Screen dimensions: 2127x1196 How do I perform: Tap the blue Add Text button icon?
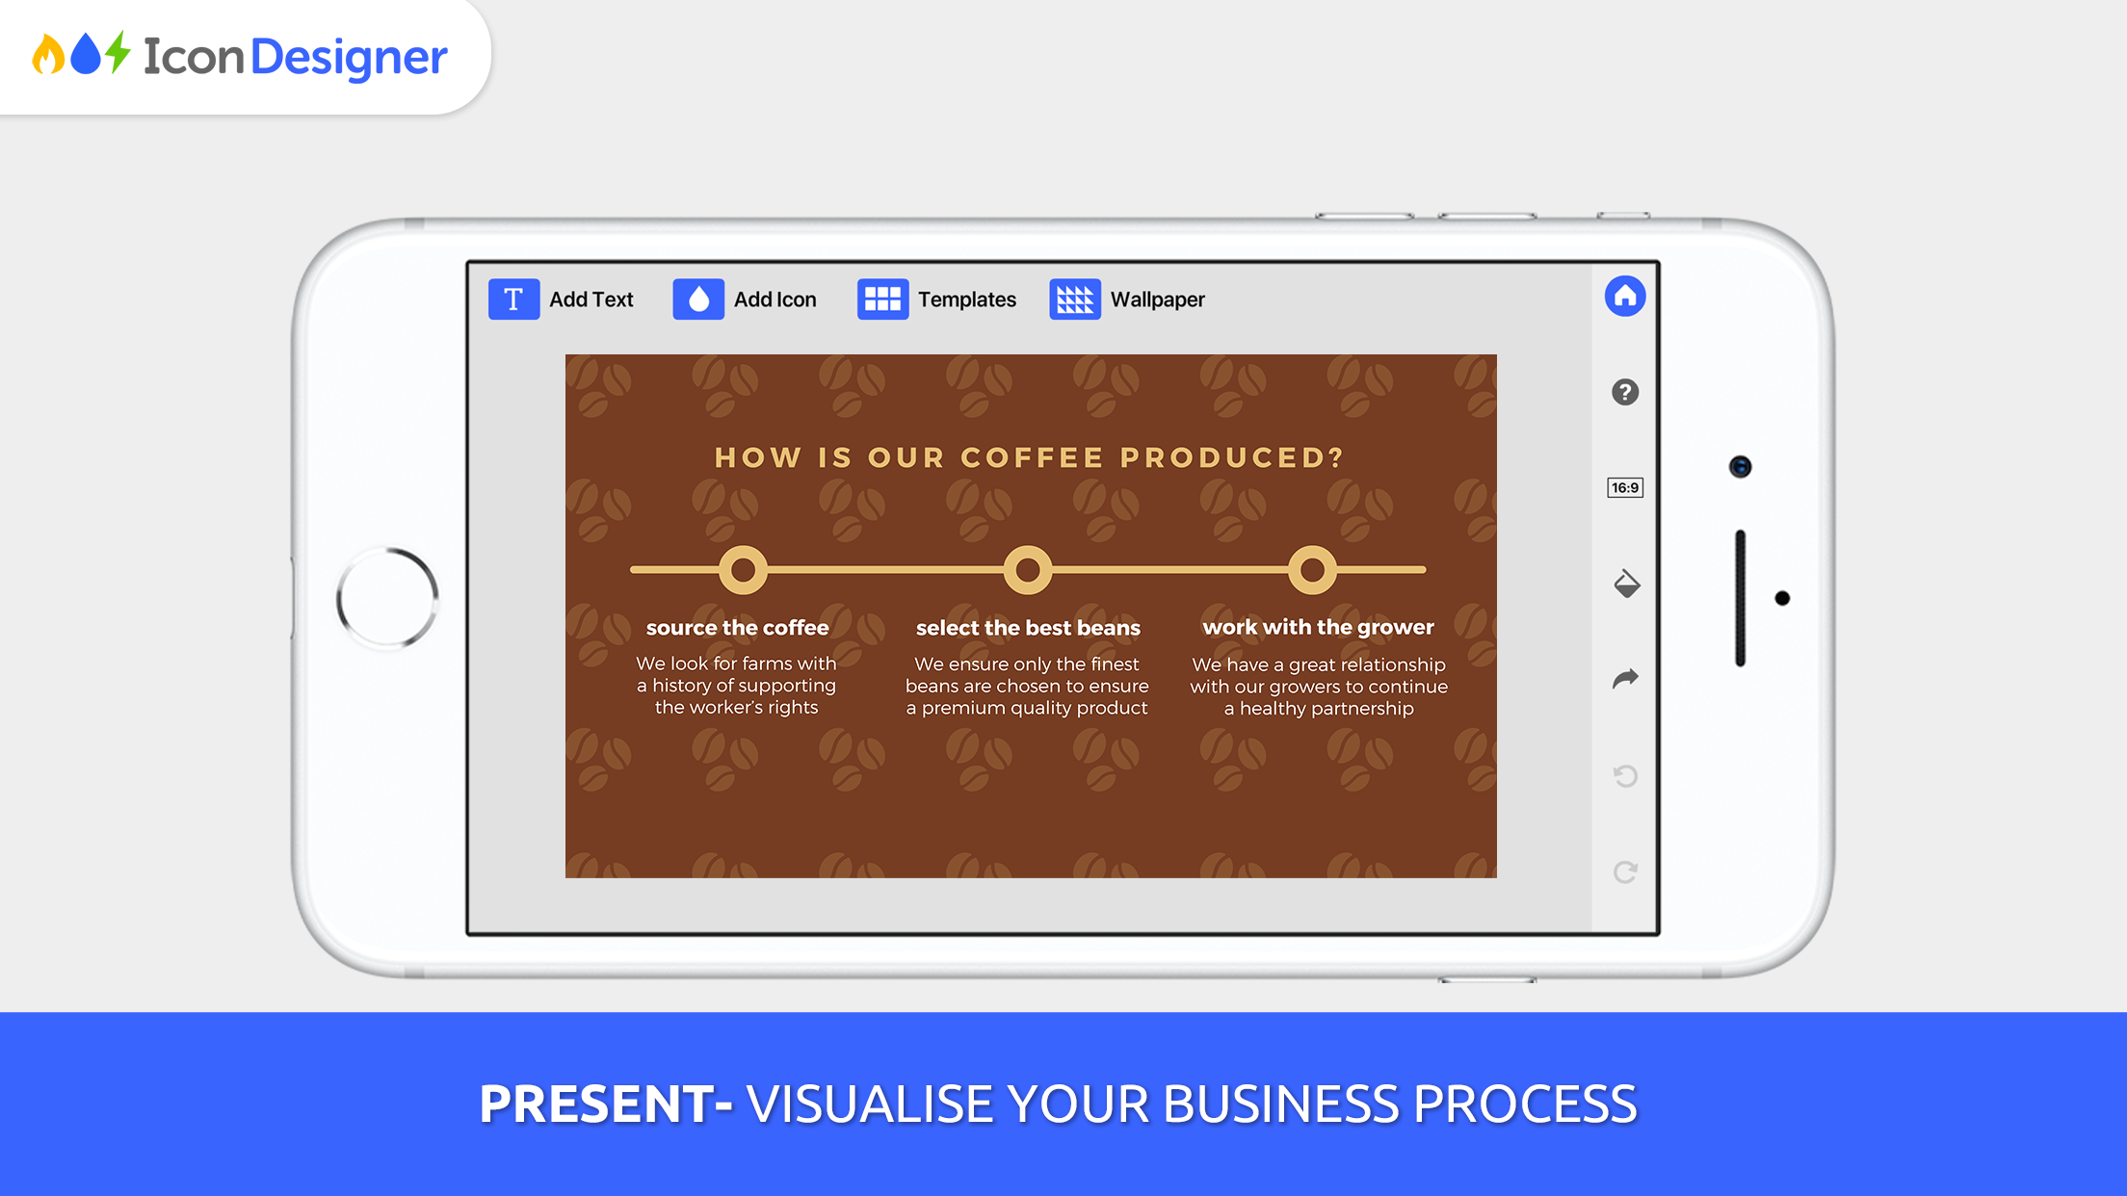pyautogui.click(x=513, y=299)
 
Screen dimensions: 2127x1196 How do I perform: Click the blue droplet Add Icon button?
pyautogui.click(x=698, y=299)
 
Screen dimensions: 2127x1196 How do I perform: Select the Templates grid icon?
pyautogui.click(x=882, y=299)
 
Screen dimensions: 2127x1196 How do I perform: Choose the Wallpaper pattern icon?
pyautogui.click(x=1075, y=299)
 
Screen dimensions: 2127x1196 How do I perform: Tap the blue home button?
pyautogui.click(x=1625, y=296)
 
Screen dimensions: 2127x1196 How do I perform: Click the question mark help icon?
pyautogui.click(x=1625, y=392)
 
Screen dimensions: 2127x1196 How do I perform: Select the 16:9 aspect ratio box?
pyautogui.click(x=1625, y=487)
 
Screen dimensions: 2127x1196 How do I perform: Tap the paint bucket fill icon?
pyautogui.click(x=1626, y=584)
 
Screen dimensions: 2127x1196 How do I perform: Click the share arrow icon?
pyautogui.click(x=1625, y=679)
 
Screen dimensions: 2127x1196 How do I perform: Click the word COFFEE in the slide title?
pyautogui.click(x=1032, y=457)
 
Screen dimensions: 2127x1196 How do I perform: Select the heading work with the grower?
pyautogui.click(x=1318, y=627)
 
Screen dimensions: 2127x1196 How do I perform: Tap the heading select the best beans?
pyautogui.click(x=1028, y=628)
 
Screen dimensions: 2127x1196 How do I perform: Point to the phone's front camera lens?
pyautogui.click(x=1740, y=467)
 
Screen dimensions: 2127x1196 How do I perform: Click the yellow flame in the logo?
pyautogui.click(x=48, y=55)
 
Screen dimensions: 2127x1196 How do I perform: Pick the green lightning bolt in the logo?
pyautogui.click(x=118, y=52)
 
